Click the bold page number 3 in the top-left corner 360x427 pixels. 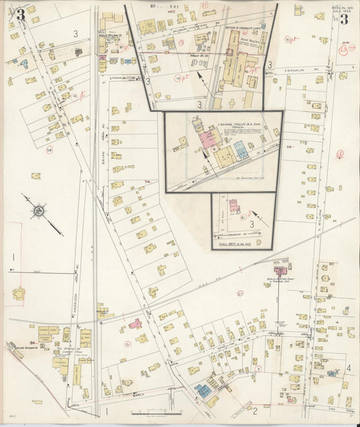[x=20, y=15]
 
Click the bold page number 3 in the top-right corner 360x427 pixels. [x=344, y=18]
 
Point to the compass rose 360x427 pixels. [x=39, y=211]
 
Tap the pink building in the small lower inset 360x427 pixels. [x=234, y=205]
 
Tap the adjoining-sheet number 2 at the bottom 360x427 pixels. [x=255, y=409]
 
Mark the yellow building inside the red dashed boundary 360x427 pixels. [x=18, y=294]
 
